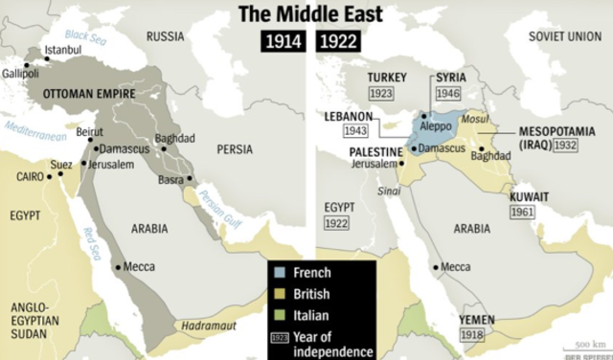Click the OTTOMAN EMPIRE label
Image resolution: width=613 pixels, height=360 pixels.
[x=88, y=94]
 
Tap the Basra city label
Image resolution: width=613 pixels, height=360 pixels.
[x=170, y=179]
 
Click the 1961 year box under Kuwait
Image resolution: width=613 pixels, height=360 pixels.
[x=522, y=211]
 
